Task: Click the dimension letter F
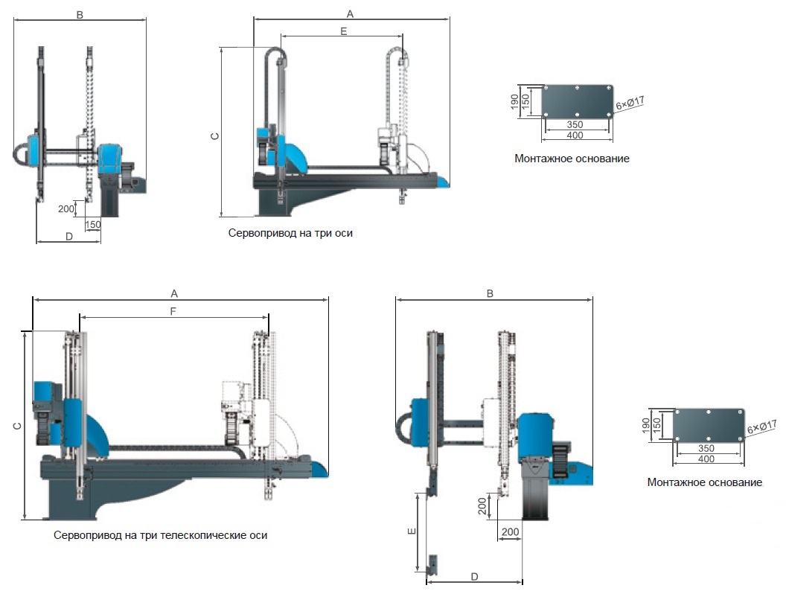[173, 311]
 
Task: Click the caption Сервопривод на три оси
[290, 233]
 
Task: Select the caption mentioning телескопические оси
[161, 535]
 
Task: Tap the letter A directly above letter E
[350, 14]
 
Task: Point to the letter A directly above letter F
[174, 293]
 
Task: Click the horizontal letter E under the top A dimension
[343, 31]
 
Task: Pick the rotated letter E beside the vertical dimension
[412, 531]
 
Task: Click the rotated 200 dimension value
[482, 506]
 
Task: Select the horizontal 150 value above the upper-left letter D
[93, 225]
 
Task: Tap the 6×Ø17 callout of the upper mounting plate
[630, 103]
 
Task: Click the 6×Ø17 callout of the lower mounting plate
[761, 427]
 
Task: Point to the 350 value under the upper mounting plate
[575, 124]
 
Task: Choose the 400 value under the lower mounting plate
[706, 459]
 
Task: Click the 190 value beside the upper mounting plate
[515, 102]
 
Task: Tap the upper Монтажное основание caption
[572, 159]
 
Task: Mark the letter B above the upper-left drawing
[80, 15]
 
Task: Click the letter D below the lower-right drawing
[474, 576]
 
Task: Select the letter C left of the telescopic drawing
[18, 426]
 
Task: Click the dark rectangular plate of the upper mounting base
[578, 100]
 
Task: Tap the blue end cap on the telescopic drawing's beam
[320, 469]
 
